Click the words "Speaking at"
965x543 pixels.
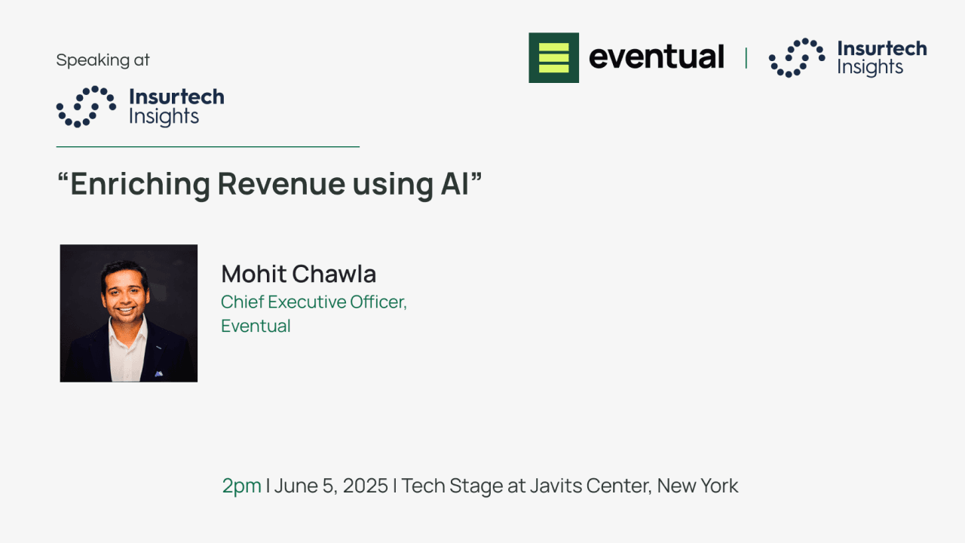click(103, 60)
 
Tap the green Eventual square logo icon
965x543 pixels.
click(553, 57)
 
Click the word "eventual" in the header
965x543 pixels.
click(656, 57)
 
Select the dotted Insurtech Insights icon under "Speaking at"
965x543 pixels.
click(86, 106)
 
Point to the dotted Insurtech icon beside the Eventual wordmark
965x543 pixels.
click(797, 57)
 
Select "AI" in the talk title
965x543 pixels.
click(455, 185)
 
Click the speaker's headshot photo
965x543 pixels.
click(129, 313)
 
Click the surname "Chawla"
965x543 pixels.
click(337, 274)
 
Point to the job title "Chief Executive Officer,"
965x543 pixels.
click(314, 302)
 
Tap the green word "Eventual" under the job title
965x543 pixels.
click(256, 327)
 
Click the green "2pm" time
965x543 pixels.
click(241, 486)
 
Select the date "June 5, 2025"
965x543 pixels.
click(331, 486)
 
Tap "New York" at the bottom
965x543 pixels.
click(697, 486)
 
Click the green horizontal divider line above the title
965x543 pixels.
click(207, 147)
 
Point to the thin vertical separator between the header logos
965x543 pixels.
click(746, 58)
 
